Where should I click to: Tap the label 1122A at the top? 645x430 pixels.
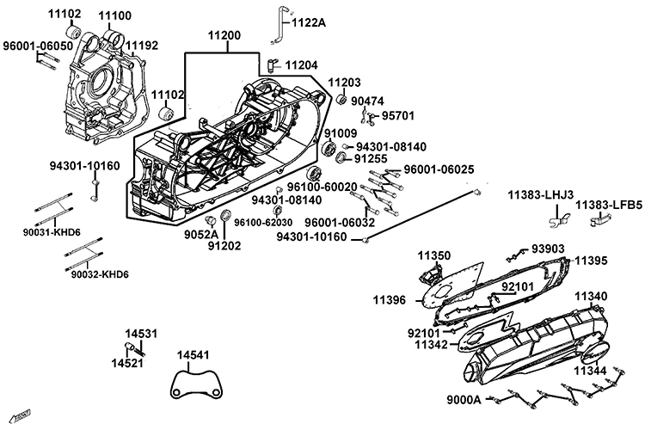point(310,23)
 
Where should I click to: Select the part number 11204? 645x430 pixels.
point(302,64)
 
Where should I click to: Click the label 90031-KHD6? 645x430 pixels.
point(52,231)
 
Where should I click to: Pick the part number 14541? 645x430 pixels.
point(193,354)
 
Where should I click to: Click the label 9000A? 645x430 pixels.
point(464,399)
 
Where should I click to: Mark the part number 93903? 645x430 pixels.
point(548,249)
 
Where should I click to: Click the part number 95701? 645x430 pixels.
point(398,114)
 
